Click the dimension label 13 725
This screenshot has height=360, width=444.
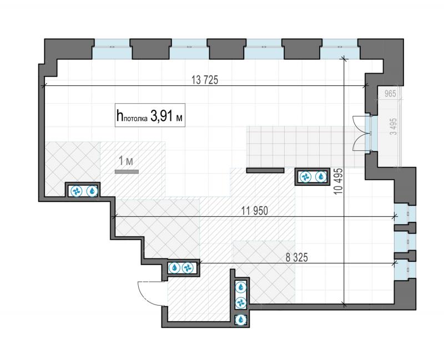tap(205, 80)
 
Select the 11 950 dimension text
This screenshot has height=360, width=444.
tap(255, 211)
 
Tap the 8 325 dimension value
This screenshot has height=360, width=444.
tap(296, 257)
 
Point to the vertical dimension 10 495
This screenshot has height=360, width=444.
tap(339, 181)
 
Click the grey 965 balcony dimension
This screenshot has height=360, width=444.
tap(390, 93)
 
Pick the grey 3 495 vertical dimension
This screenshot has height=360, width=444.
tap(393, 126)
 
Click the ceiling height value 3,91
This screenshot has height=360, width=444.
tap(160, 115)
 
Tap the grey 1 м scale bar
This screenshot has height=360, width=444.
tap(127, 171)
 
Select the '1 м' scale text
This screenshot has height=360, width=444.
tap(126, 161)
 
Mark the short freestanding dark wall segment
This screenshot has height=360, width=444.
tap(265, 170)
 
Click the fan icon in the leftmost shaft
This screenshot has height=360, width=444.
tap(76, 191)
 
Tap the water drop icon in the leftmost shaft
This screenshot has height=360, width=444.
tap(92, 191)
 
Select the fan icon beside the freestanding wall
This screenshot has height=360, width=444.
tap(305, 177)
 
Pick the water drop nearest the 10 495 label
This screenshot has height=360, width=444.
tap(321, 177)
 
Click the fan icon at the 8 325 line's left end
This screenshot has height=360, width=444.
tap(188, 267)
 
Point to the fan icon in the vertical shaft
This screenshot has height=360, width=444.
tap(241, 303)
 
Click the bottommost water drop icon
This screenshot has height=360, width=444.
tap(241, 320)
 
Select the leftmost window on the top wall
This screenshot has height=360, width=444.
tap(112, 49)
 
